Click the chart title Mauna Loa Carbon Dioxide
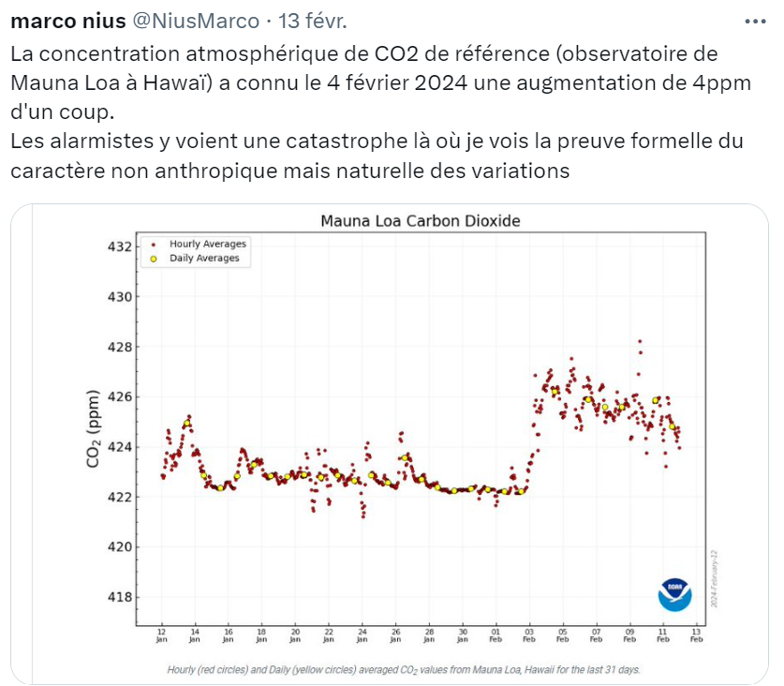(x=420, y=221)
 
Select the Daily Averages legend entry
(x=202, y=259)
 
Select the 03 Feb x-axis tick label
(x=529, y=635)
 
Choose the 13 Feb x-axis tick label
(x=696, y=635)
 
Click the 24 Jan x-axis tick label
(x=362, y=635)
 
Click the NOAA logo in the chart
(x=674, y=594)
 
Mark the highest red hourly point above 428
(x=640, y=341)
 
